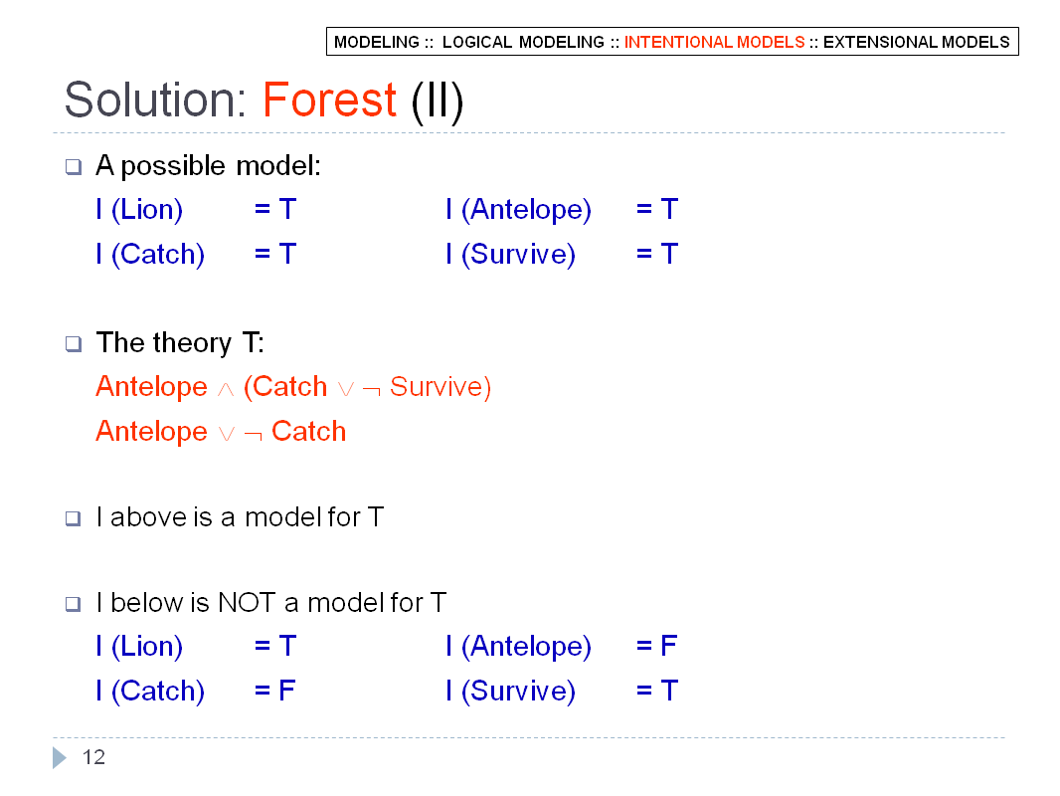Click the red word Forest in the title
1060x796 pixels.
point(329,100)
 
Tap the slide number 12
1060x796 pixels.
point(93,757)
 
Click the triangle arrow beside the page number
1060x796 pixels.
point(60,757)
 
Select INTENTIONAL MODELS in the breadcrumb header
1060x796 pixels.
point(714,42)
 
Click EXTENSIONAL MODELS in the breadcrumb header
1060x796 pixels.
point(916,42)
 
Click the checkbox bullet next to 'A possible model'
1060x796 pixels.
point(73,166)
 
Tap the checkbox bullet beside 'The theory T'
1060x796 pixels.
point(73,343)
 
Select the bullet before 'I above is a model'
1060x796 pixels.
point(73,518)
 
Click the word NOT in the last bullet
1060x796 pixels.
point(247,602)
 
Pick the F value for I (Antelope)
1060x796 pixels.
point(668,645)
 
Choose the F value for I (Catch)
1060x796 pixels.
point(286,690)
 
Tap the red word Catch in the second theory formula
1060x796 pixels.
point(308,432)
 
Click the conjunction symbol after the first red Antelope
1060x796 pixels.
point(226,390)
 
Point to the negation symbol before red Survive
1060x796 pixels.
point(371,390)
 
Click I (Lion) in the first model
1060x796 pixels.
point(139,210)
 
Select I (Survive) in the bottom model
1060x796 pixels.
point(510,692)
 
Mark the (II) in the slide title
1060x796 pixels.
point(438,101)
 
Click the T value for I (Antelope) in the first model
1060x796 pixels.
point(669,209)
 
